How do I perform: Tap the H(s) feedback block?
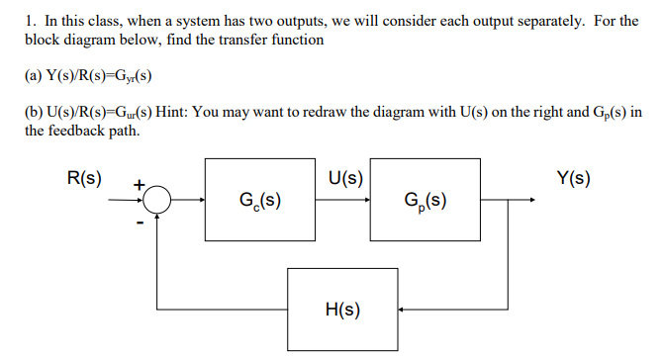[x=342, y=310]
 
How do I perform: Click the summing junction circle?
[x=158, y=201]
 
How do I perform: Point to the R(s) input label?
[x=83, y=179]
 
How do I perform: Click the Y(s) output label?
[x=573, y=179]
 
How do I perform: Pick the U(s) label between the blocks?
[x=343, y=179]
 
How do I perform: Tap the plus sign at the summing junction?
[x=140, y=184]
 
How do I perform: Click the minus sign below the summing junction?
[x=141, y=223]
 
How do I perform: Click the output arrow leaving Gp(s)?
[x=511, y=201]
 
